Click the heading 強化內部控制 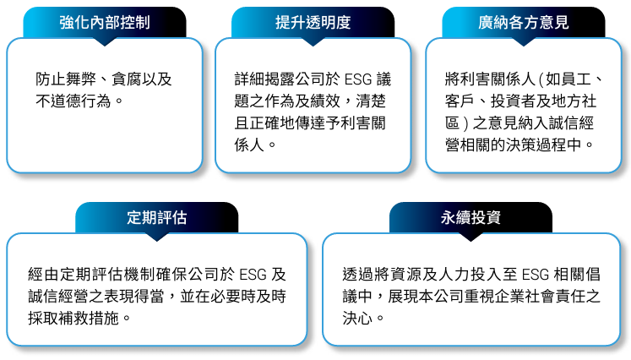[105, 23]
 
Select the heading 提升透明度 [313, 23]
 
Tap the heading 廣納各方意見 [524, 23]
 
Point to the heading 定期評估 [157, 218]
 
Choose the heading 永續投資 [471, 218]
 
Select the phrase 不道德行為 [73, 101]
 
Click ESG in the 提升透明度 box [358, 79]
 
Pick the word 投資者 [513, 101]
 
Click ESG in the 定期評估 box [253, 275]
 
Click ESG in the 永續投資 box [536, 275]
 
